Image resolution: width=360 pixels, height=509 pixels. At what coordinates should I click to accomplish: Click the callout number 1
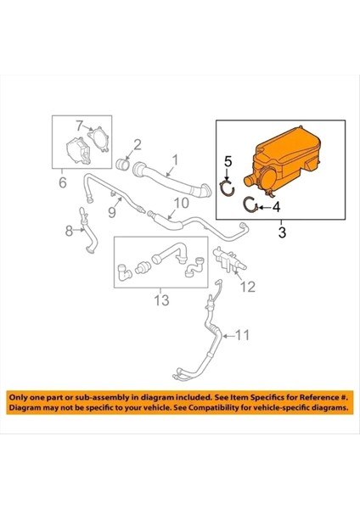coord(176,159)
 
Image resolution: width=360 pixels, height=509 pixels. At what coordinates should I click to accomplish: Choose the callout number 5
coord(228,160)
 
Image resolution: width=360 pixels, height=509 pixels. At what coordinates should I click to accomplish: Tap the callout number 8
coord(70,232)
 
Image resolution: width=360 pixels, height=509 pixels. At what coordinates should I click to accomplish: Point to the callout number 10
coord(183,203)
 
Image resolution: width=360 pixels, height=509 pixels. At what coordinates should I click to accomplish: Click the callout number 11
coord(243,336)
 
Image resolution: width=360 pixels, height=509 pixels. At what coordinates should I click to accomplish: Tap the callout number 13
coord(160,300)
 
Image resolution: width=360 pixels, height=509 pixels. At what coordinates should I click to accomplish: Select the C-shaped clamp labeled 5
coord(227,187)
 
